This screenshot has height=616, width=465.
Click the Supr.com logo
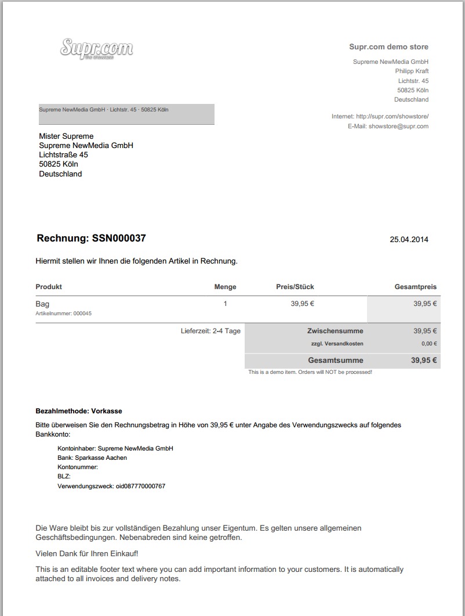(x=96, y=48)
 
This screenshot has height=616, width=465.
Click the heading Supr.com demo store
(x=388, y=47)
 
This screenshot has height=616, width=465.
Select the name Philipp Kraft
(x=412, y=71)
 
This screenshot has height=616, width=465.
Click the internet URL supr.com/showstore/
(x=392, y=117)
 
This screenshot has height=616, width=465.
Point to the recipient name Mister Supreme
(x=66, y=136)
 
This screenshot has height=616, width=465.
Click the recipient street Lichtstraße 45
(x=64, y=155)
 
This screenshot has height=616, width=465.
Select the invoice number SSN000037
(x=119, y=239)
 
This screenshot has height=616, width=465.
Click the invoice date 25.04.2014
(x=409, y=239)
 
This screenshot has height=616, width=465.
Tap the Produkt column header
(x=49, y=287)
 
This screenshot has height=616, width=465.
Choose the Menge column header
(x=225, y=287)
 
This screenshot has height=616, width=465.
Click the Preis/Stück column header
(x=295, y=287)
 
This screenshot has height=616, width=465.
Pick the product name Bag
(x=42, y=304)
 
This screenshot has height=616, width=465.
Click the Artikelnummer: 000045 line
(x=63, y=314)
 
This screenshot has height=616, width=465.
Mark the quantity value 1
(x=225, y=304)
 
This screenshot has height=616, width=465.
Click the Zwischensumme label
(x=335, y=331)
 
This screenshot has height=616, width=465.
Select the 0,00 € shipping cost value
(x=429, y=344)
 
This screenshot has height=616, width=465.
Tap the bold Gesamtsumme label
(x=336, y=360)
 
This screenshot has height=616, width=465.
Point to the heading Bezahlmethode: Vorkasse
(x=79, y=411)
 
